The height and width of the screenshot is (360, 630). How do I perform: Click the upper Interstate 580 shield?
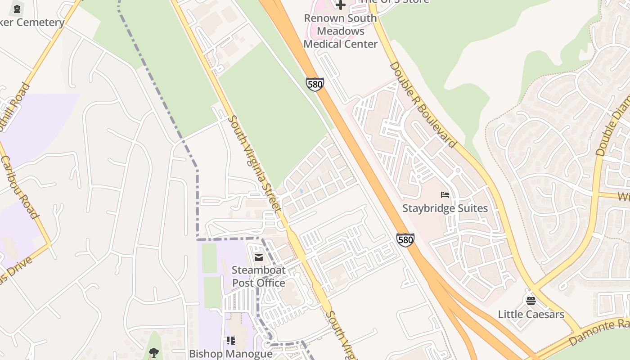coord(315,84)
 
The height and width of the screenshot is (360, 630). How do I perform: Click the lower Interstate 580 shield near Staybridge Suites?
coord(405,239)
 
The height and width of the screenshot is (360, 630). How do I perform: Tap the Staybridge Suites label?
coord(445,208)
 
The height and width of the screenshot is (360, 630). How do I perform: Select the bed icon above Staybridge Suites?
coord(445,195)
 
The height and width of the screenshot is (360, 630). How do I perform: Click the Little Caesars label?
coord(531,314)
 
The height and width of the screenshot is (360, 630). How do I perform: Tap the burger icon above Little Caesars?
coord(531,301)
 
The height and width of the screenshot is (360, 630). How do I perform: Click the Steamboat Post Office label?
coord(258,276)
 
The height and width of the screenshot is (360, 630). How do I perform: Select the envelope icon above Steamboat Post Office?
coord(259,257)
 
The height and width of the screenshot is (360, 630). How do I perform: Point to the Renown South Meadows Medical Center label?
coord(341,31)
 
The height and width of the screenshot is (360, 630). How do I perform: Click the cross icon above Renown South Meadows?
coord(341,5)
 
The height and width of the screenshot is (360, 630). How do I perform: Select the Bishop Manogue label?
coord(231,354)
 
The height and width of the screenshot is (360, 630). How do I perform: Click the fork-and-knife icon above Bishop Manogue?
coord(231,341)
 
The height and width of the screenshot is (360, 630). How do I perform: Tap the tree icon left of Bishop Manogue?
coord(154,352)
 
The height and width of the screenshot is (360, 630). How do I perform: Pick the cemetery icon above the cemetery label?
coord(17,8)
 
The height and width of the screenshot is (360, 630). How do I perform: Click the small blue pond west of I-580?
coord(301,191)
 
